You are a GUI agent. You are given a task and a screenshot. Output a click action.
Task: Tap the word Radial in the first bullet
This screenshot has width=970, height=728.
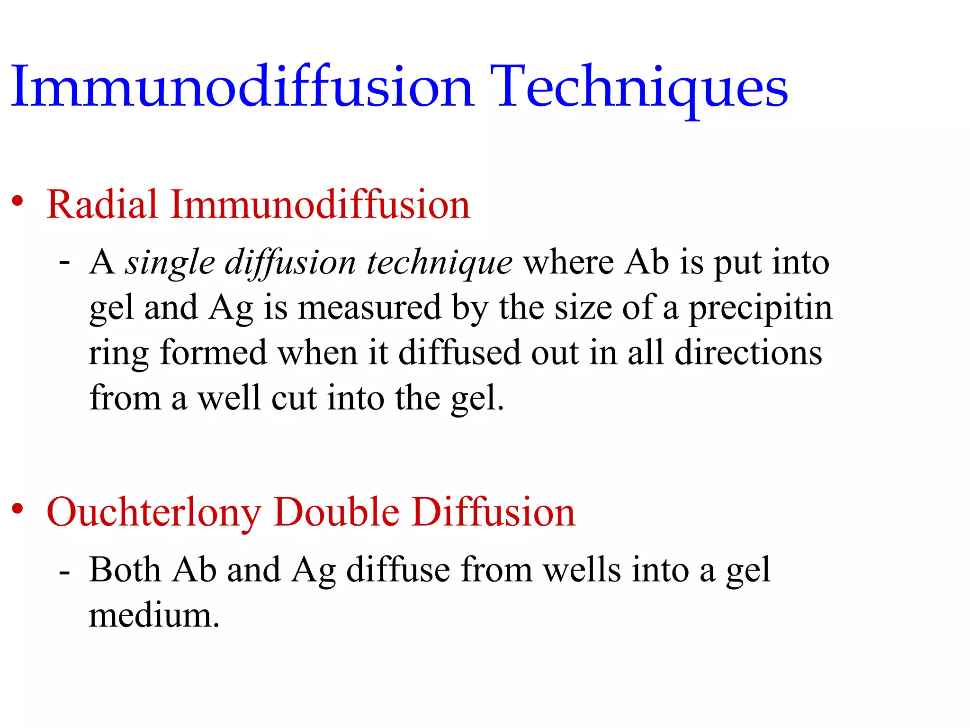point(102,205)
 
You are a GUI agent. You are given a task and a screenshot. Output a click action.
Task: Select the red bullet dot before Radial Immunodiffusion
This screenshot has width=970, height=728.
point(18,201)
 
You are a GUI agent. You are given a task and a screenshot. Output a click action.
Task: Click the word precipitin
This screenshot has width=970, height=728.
point(760,308)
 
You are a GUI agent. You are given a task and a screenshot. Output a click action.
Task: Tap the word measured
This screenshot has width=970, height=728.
point(369,308)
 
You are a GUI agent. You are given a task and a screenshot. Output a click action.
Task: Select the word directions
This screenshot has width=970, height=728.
point(748,353)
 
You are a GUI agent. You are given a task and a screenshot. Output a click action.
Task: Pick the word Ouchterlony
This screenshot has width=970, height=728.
point(154,513)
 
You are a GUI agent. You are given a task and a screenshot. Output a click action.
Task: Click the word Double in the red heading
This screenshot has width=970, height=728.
point(336,513)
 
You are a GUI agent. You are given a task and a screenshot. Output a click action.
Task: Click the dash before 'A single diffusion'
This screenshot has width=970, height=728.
point(65,262)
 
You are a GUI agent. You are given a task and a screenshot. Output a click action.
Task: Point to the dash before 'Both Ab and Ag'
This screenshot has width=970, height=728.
point(65,573)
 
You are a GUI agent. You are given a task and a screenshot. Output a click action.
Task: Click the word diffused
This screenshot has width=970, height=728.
point(459,353)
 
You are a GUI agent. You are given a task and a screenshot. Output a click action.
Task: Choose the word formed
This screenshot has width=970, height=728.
point(214,353)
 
